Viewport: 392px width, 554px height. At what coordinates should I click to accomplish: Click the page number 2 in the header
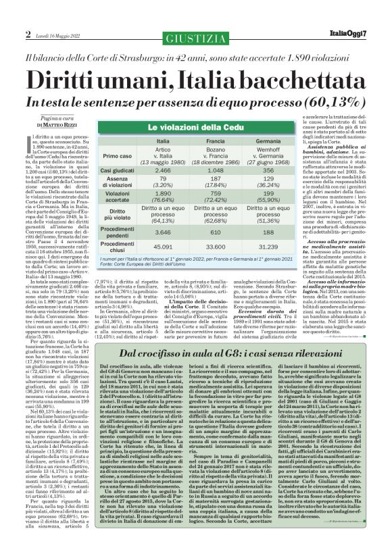[28, 34]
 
